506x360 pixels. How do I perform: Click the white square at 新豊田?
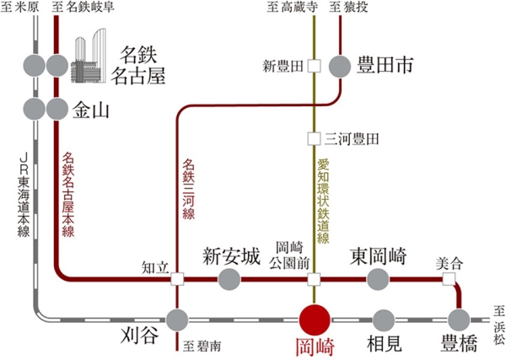click(x=314, y=65)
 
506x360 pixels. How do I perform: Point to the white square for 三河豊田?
click(x=314, y=137)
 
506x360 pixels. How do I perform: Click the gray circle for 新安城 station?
click(x=229, y=279)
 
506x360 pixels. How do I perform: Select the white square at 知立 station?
click(x=177, y=279)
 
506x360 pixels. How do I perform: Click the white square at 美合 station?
click(x=449, y=279)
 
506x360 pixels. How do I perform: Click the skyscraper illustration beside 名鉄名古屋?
click(x=89, y=55)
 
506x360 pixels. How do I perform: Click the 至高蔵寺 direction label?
click(x=291, y=8)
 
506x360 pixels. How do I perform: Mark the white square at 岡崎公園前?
click(x=314, y=279)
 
